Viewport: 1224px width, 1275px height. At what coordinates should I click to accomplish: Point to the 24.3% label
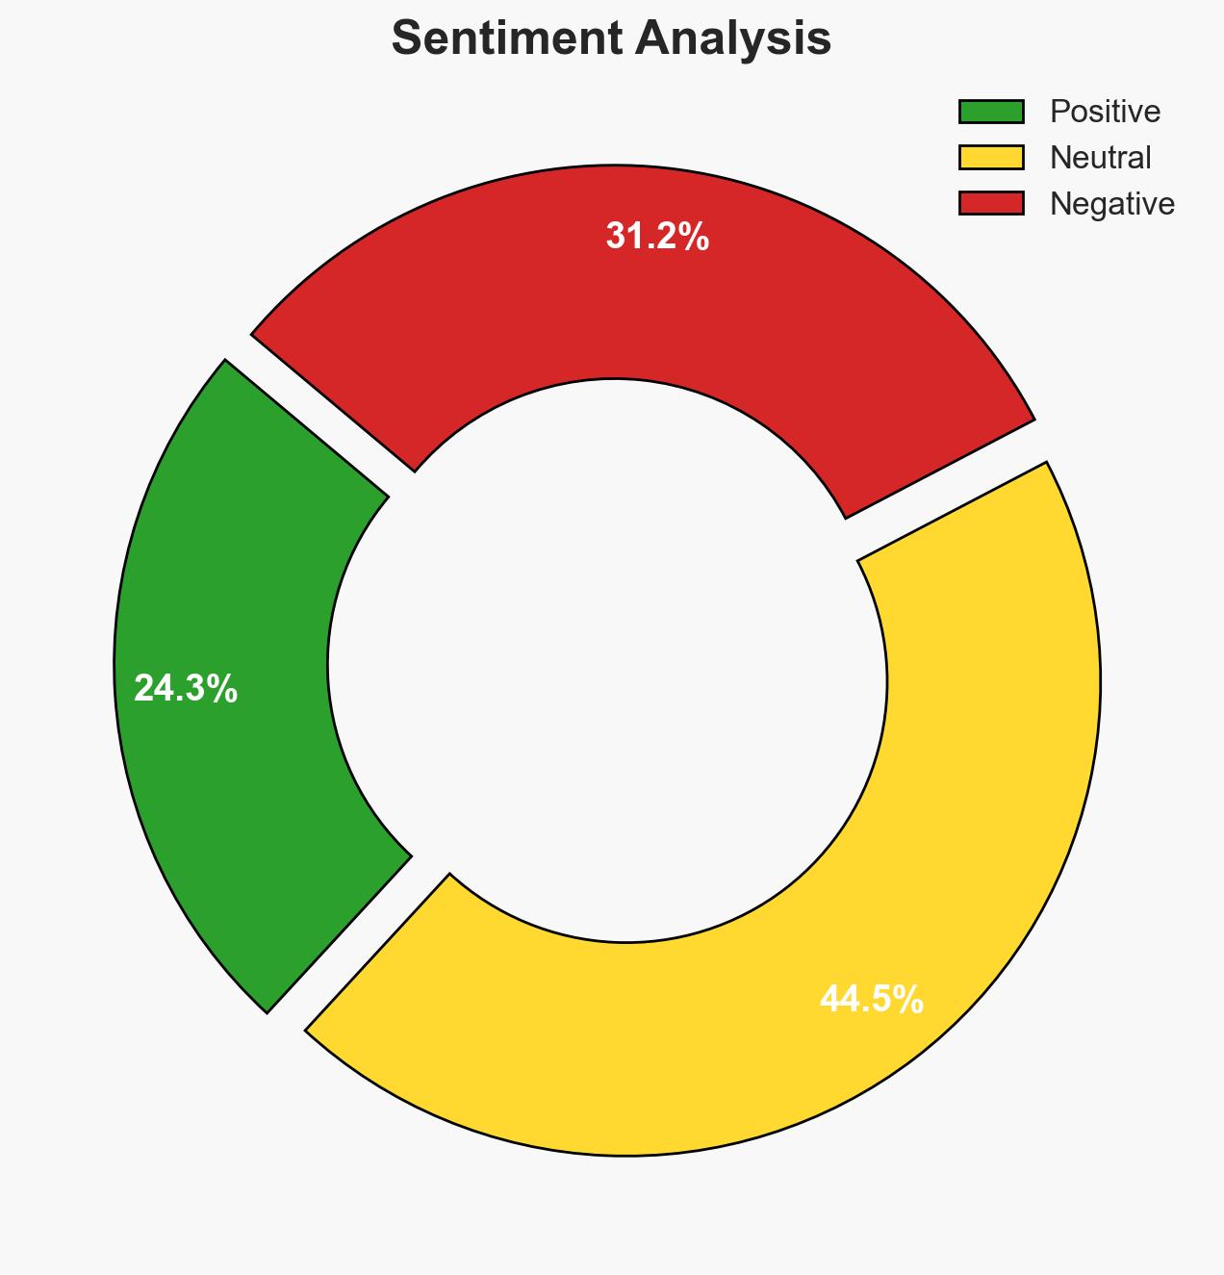[186, 689]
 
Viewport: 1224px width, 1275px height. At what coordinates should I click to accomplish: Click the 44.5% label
[872, 1000]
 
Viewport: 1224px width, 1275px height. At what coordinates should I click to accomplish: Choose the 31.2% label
[657, 237]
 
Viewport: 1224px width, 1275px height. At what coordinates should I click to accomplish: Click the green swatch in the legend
[991, 112]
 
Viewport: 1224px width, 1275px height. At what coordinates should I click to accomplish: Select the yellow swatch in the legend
[991, 158]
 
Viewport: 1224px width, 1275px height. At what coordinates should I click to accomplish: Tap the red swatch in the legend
[991, 203]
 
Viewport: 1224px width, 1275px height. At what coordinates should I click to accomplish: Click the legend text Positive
[1105, 112]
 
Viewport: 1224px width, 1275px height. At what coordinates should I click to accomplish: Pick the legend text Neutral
[1100, 158]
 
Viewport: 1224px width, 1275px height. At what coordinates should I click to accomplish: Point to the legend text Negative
[1111, 204]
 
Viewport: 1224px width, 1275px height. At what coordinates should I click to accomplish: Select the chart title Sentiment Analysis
[612, 39]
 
